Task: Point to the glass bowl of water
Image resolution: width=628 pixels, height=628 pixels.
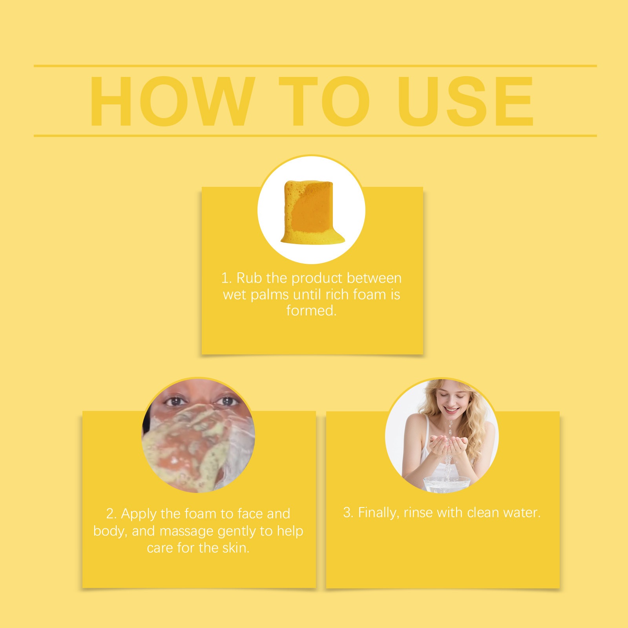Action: pos(446,484)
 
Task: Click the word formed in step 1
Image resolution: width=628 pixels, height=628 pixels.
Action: pos(311,310)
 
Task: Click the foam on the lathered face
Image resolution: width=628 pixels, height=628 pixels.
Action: pos(188,447)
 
